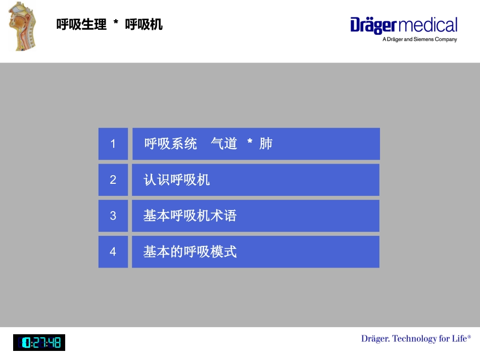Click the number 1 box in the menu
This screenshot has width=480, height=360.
(113, 144)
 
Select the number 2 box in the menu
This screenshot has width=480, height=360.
(113, 180)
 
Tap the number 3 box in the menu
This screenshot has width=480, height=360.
(113, 216)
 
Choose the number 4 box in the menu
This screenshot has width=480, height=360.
(113, 251)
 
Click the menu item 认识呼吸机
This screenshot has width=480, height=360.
(177, 180)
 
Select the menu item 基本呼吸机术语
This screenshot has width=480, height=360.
(190, 216)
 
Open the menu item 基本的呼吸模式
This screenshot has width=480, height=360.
(190, 252)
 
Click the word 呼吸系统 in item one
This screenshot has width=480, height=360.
(171, 144)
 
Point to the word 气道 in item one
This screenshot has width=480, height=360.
(224, 144)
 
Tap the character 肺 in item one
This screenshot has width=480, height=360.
(266, 144)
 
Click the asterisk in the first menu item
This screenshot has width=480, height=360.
(250, 143)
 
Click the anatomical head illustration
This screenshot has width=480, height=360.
(23, 26)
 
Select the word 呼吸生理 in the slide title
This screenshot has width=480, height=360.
(81, 24)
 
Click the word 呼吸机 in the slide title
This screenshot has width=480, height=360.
(144, 24)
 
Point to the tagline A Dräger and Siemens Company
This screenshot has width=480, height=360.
(419, 39)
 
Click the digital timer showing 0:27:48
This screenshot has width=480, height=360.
(39, 343)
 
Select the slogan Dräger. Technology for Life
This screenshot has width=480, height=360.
(416, 338)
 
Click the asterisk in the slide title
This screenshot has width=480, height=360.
(116, 23)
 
